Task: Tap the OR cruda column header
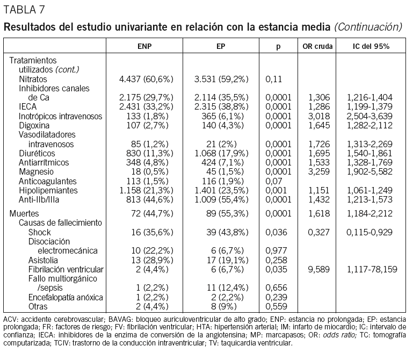[315, 47]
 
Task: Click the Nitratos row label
[33, 79]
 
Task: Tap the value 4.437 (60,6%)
[146, 79]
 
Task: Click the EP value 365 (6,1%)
[221, 116]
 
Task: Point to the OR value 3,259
[315, 171]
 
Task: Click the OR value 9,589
[315, 269]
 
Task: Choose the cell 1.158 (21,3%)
[146, 190]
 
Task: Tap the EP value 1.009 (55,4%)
[221, 199]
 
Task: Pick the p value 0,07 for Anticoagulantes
[273, 181]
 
